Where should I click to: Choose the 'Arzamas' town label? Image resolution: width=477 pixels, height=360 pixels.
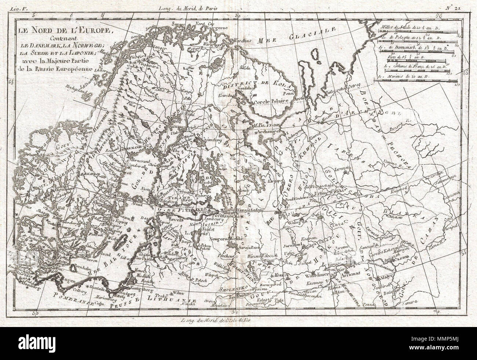pos(349,274)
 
